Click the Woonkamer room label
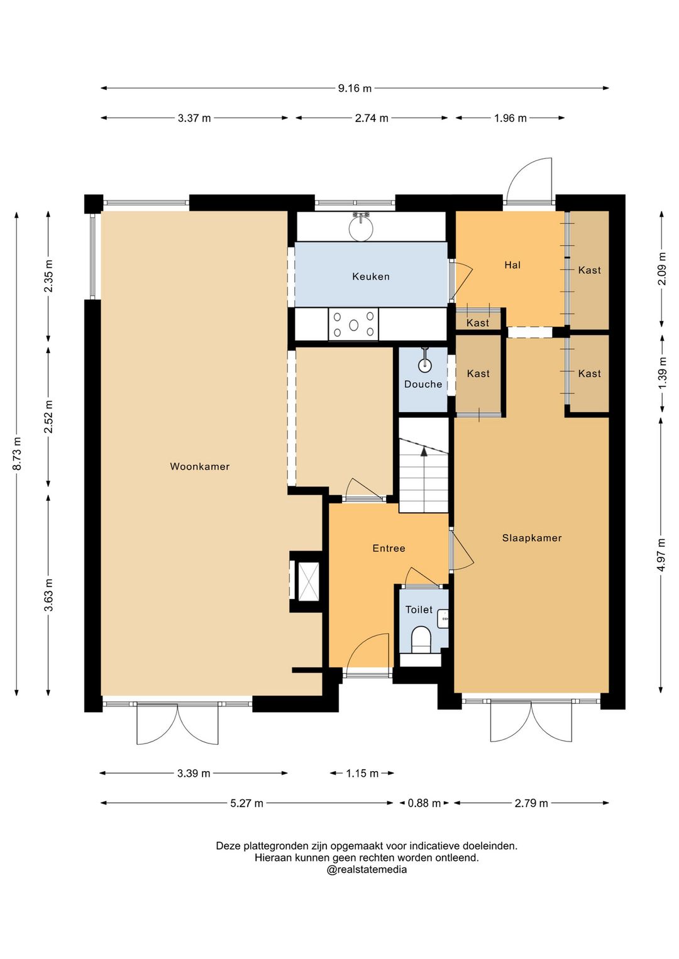[x=200, y=466]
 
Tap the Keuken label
[x=371, y=277]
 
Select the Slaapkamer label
[x=532, y=538]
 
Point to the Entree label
[x=389, y=549]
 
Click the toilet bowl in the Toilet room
[x=421, y=640]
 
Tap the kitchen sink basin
[x=361, y=227]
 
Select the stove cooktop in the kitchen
[x=353, y=325]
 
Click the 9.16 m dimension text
[x=355, y=89]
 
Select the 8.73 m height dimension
[x=17, y=453]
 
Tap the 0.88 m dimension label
[x=424, y=803]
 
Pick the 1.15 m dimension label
[x=362, y=773]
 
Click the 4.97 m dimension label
[x=662, y=554]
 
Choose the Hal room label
[x=512, y=265]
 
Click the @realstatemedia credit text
[x=367, y=870]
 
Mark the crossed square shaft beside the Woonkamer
[x=309, y=581]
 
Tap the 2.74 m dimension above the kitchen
[x=372, y=118]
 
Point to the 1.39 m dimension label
[x=662, y=373]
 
